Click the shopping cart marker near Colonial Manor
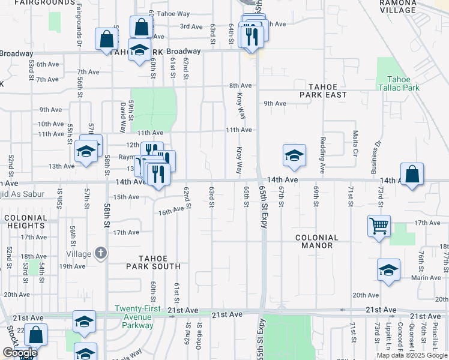click(379, 226)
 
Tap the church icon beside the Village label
click(101, 253)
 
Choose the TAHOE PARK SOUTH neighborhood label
click(153, 262)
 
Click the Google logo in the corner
click(19, 353)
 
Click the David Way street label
click(123, 117)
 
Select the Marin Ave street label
click(426, 277)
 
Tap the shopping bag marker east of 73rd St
click(412, 175)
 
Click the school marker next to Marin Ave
click(388, 270)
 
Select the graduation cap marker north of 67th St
click(294, 155)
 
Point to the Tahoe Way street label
click(175, 14)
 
